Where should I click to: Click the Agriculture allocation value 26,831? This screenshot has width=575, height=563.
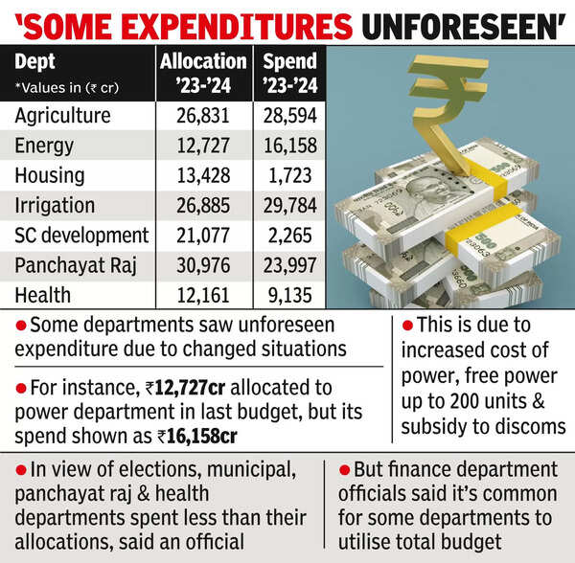(x=203, y=116)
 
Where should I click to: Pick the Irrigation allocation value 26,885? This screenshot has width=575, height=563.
(x=203, y=205)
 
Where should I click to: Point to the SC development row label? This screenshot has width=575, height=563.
(x=82, y=235)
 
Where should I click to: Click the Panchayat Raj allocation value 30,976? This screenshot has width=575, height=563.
(x=203, y=264)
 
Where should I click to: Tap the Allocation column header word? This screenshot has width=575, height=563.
(x=202, y=60)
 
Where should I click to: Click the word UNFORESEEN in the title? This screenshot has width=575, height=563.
(x=471, y=21)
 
